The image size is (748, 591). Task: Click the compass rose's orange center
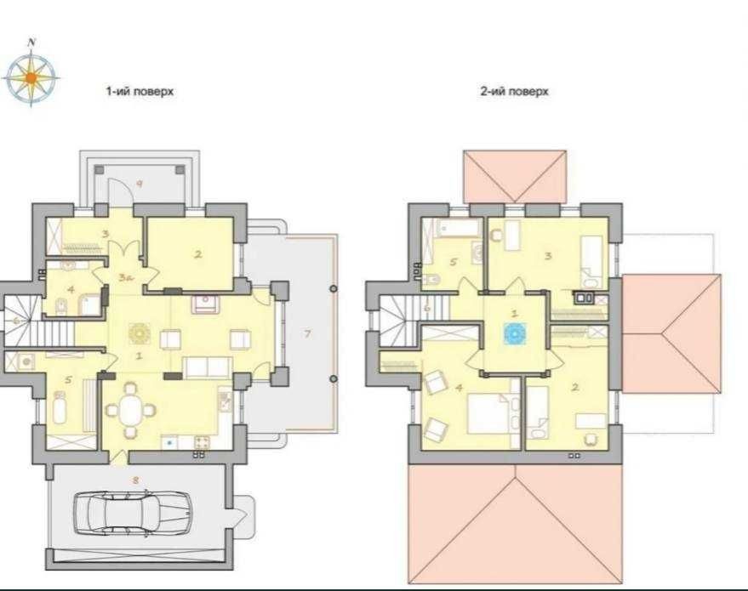(31, 77)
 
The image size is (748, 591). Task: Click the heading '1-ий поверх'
(140, 91)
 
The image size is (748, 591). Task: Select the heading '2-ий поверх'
(514, 91)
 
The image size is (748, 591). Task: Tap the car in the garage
(132, 513)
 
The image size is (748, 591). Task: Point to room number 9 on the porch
(140, 183)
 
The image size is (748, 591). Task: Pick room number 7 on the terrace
(308, 333)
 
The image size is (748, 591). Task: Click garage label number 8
(135, 480)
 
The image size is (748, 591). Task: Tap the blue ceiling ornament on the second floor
(515, 333)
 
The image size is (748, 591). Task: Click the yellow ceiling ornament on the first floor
(140, 333)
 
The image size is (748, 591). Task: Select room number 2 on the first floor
(198, 254)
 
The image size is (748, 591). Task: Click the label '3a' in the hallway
(125, 277)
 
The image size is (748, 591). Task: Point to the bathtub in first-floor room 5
(60, 407)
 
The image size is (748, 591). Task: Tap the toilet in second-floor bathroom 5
(431, 278)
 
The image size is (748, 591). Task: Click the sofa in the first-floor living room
(208, 367)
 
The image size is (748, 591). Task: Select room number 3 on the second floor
(548, 256)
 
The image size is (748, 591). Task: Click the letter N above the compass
(32, 43)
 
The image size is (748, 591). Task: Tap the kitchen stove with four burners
(202, 442)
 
